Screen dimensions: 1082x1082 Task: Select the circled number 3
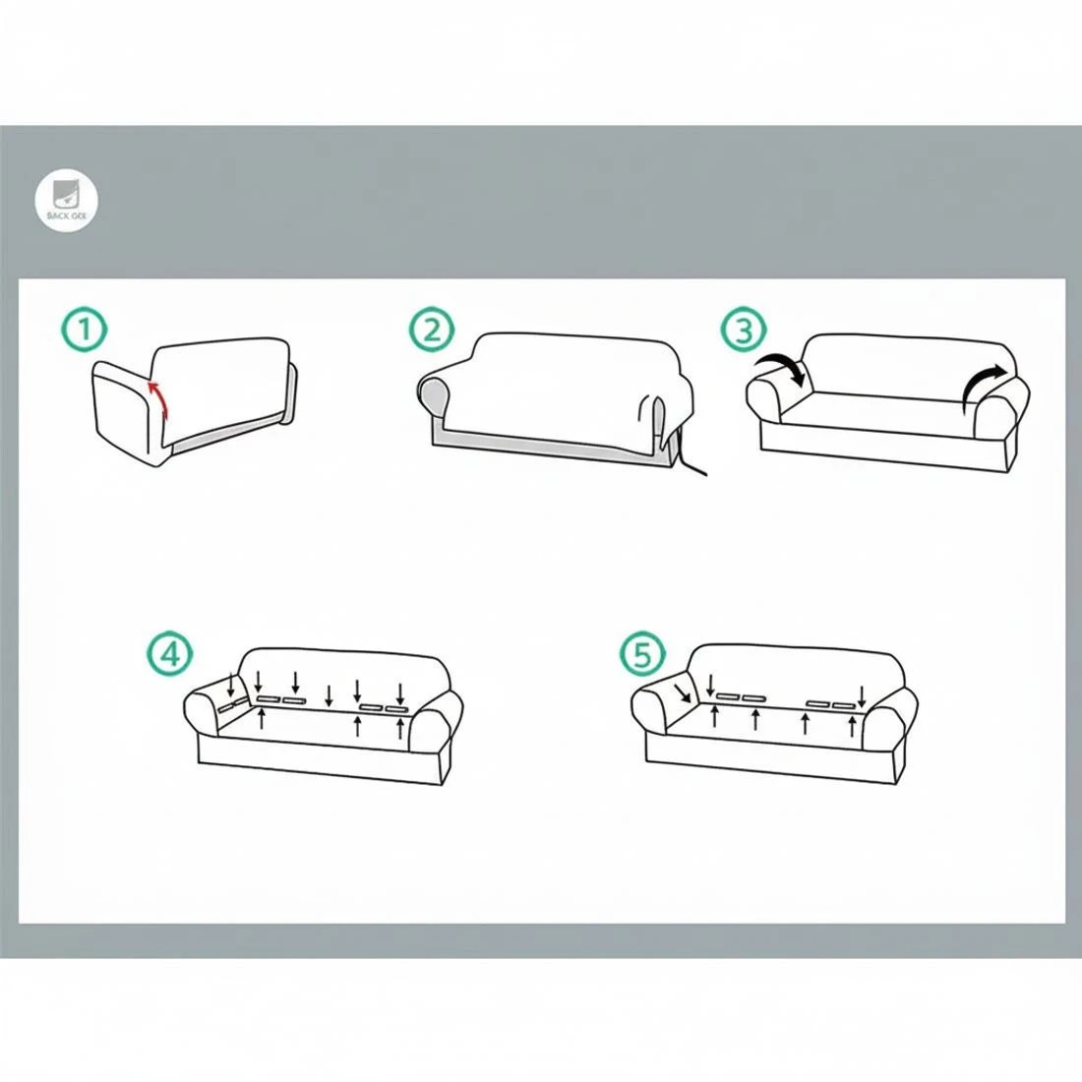pyautogui.click(x=743, y=331)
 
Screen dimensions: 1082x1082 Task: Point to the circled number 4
pyautogui.click(x=170, y=654)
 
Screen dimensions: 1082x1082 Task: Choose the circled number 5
pyautogui.click(x=642, y=653)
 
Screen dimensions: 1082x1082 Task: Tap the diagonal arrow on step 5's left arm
pyautogui.click(x=683, y=694)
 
